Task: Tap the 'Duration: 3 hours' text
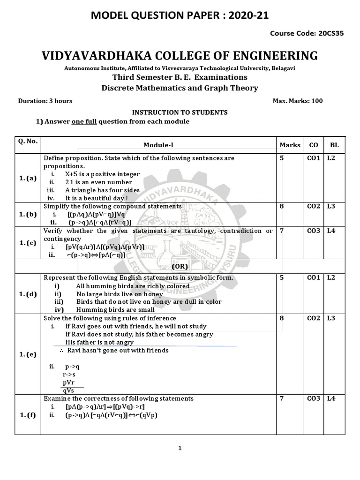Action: click(45, 101)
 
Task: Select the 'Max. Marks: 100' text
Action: click(297, 101)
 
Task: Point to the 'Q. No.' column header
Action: click(28, 141)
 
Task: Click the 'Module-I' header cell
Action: click(158, 145)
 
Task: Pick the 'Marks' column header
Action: click(290, 145)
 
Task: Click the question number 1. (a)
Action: click(28, 178)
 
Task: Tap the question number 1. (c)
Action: click(28, 243)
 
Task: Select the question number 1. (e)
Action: click(28, 354)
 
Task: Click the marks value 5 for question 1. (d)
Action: click(282, 278)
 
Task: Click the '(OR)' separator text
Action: click(180, 266)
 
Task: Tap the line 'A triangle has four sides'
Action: click(102, 190)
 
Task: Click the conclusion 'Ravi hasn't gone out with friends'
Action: click(117, 350)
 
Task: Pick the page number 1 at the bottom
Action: click(180, 448)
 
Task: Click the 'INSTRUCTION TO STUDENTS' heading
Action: click(180, 112)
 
